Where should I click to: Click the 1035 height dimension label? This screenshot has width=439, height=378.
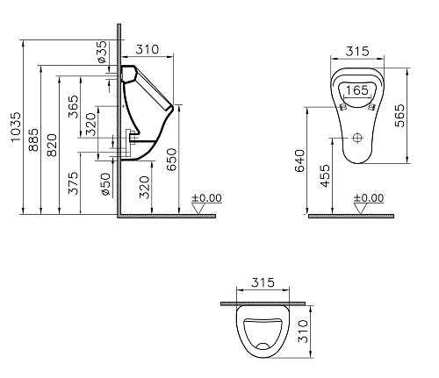15,126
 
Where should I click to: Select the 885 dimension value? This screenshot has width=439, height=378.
33,139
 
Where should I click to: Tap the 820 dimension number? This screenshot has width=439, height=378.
52,146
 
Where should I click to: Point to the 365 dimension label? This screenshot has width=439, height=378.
74,107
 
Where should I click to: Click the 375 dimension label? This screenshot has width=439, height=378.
74,183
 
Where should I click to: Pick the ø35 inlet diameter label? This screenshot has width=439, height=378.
102,52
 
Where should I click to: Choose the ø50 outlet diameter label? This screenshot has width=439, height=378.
105,184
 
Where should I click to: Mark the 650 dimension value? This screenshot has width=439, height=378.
172,160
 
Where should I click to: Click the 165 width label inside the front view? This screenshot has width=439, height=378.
356,90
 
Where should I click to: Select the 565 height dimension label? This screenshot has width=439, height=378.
399,116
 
